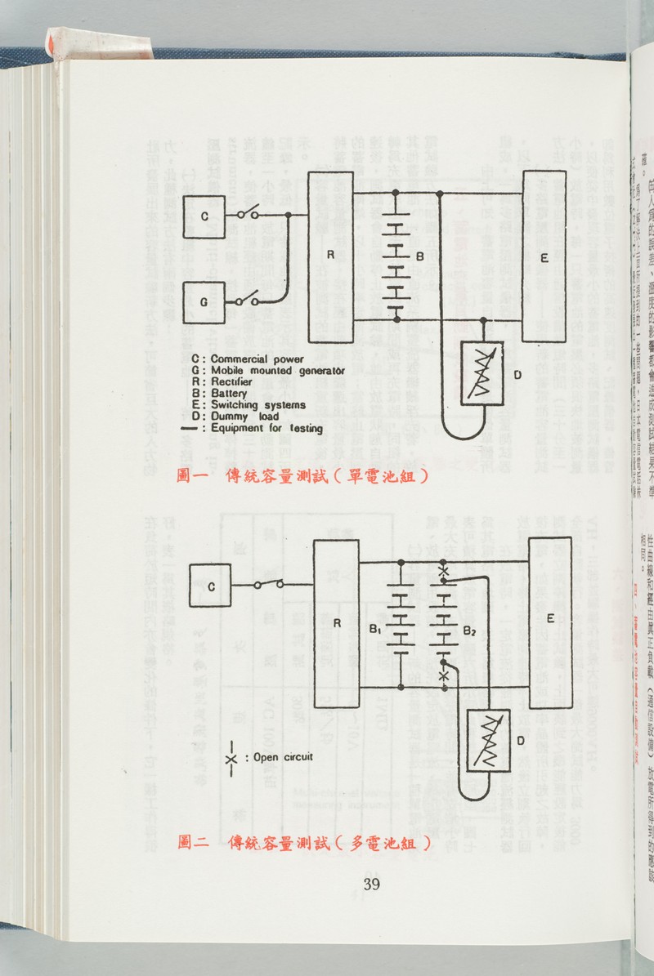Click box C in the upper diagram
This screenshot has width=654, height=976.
pyautogui.click(x=204, y=216)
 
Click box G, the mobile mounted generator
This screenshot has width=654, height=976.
pyautogui.click(x=204, y=301)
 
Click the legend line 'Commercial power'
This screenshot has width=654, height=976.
pyautogui.click(x=257, y=359)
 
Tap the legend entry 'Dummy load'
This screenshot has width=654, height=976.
pyautogui.click(x=244, y=417)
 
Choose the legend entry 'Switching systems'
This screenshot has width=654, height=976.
pyautogui.click(x=258, y=405)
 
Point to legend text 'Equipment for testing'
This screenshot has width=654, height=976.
pyautogui.click(x=266, y=428)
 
